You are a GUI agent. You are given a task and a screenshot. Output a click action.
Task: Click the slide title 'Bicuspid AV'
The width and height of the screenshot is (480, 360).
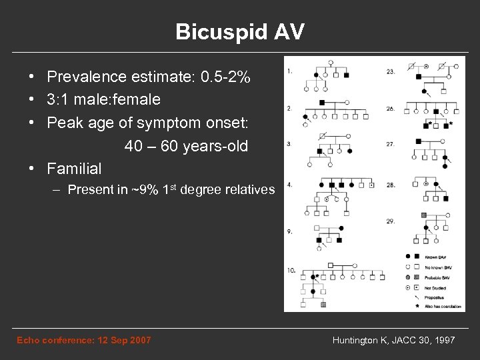(239, 32)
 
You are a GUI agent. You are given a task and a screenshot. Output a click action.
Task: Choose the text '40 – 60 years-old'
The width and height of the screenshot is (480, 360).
(185, 145)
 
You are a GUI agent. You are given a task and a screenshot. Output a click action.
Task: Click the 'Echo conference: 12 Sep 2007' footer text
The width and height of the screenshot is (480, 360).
(83, 341)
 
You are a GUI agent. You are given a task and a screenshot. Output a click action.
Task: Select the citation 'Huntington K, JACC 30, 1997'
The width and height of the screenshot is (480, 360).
(393, 341)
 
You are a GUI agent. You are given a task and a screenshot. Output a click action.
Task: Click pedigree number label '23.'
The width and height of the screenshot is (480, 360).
(390, 71)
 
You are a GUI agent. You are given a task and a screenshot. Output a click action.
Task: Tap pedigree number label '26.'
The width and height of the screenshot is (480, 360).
(390, 108)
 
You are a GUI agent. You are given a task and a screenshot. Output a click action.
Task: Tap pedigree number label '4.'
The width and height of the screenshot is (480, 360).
(290, 183)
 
